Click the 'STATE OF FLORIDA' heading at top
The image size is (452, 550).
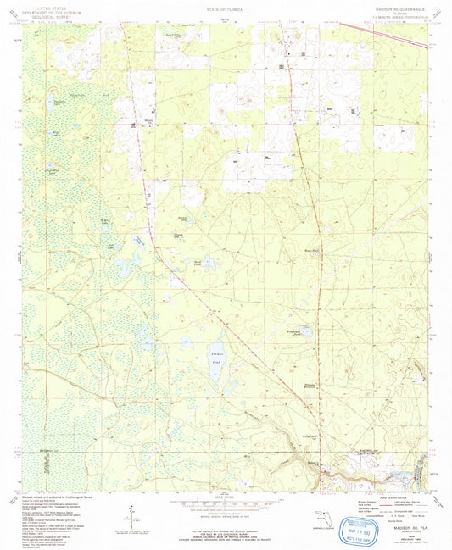(x=225, y=10)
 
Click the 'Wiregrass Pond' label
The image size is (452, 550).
(x=299, y=332)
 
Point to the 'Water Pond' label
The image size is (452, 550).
(x=310, y=252)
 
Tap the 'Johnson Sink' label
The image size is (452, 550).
(x=178, y=235)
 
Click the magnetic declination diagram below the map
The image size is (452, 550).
(x=129, y=514)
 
